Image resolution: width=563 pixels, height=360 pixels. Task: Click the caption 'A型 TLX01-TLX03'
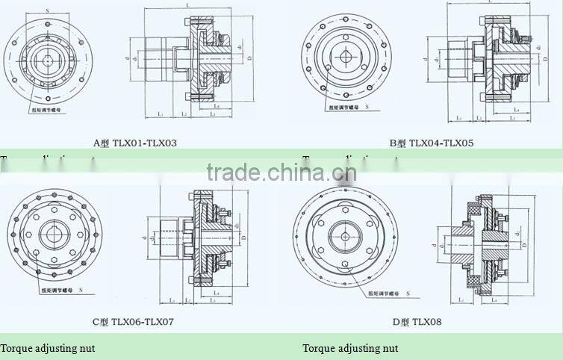click(134, 142)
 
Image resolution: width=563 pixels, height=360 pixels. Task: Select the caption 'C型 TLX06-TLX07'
click(134, 322)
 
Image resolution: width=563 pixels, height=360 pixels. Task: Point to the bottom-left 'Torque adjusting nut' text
click(48, 348)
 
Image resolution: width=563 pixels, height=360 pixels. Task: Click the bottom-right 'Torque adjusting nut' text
click(350, 348)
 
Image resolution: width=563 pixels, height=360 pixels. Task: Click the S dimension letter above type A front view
click(48, 10)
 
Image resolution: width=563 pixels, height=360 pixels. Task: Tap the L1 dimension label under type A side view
click(161, 114)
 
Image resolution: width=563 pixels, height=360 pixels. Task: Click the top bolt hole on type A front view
click(48, 18)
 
